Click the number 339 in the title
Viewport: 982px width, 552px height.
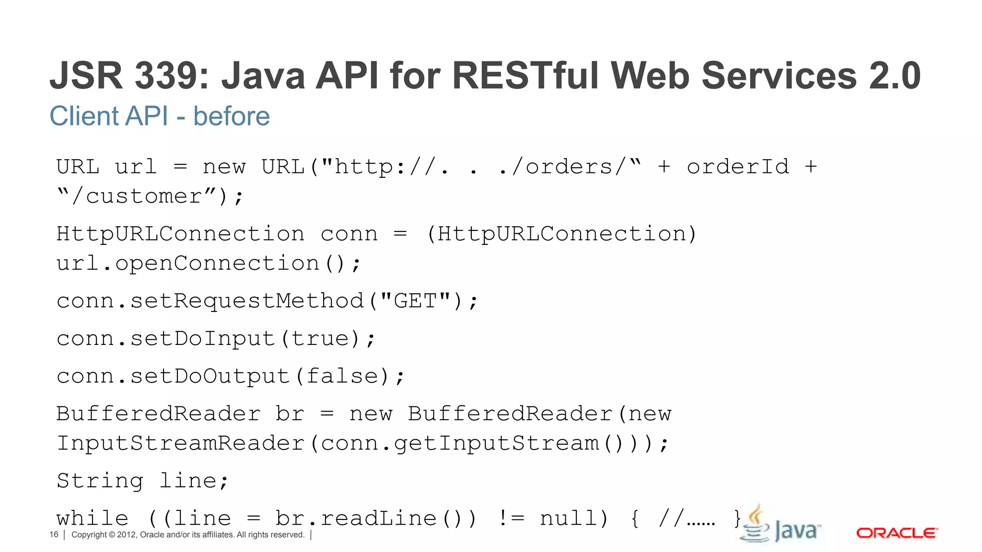[171, 76]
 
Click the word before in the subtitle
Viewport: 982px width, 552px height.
[231, 116]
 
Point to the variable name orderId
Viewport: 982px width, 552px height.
[737, 167]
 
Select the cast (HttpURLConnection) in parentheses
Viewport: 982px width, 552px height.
[561, 234]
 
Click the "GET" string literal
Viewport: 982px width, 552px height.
[415, 301]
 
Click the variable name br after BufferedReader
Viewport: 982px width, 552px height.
[290, 414]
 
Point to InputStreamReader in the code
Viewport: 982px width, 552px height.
[180, 443]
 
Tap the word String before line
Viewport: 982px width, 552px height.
[100, 481]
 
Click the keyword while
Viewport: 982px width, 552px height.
[93, 518]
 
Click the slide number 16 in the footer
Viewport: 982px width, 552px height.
[54, 535]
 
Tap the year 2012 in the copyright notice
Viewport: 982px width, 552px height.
[127, 535]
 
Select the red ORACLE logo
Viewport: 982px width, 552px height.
[897, 533]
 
